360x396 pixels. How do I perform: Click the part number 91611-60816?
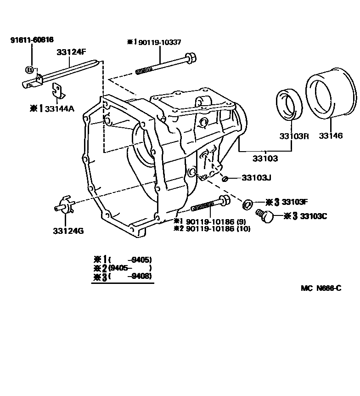coord(28,40)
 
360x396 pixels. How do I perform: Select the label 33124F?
coord(71,52)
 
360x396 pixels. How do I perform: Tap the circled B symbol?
coord(30,70)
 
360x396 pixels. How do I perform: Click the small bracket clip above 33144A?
coord(57,90)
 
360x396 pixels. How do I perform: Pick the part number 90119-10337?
coord(158,42)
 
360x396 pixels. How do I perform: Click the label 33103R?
coord(292,136)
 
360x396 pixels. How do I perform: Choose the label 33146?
coord(331,136)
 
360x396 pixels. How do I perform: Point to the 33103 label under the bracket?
coord(265,158)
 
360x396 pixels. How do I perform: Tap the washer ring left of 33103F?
coord(247,203)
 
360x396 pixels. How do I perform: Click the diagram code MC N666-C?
coord(321,289)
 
